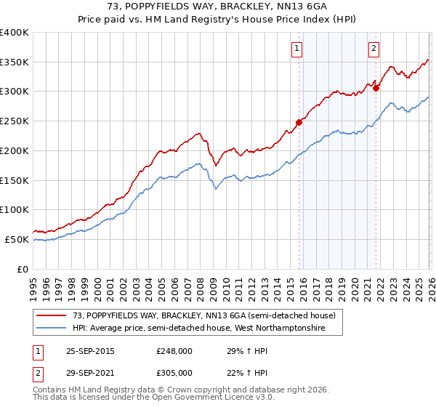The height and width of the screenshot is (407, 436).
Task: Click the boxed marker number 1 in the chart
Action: coord(297,49)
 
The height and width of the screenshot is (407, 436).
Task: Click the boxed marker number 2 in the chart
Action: coord(374,49)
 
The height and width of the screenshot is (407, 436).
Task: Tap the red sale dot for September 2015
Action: coord(299,122)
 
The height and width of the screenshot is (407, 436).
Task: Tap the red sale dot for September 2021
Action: coord(376,88)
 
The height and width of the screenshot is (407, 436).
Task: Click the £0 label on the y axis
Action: coord(22,269)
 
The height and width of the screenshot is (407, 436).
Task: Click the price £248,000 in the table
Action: coord(174,351)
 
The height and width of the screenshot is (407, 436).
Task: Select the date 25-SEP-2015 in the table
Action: coord(90,351)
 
